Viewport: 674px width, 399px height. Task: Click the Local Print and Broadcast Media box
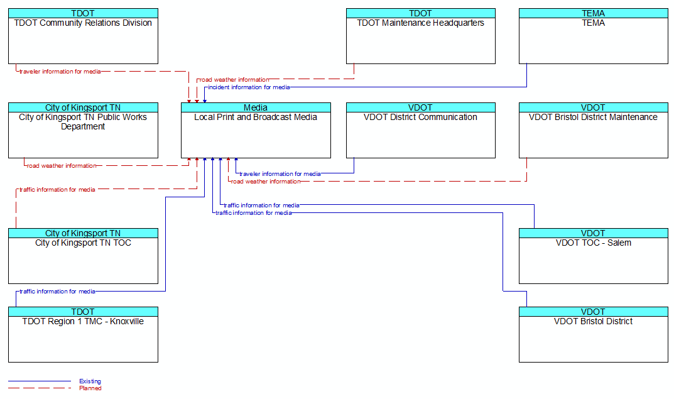pos(256,130)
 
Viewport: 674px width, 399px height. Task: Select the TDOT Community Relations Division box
pos(83,36)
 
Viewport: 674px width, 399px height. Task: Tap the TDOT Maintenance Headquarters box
pos(421,36)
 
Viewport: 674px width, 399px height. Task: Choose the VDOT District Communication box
pos(421,130)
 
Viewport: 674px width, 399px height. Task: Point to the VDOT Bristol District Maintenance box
pos(594,130)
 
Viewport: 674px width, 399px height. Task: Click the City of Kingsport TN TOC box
pos(83,256)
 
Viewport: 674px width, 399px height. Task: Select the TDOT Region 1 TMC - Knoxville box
pos(83,334)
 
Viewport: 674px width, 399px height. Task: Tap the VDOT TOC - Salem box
pos(594,256)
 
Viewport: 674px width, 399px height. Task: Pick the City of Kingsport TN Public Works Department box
pos(83,130)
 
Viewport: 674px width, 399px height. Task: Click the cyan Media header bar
pos(256,107)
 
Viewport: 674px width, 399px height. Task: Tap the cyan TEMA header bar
pos(594,13)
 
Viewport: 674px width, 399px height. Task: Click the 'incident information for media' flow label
pos(249,87)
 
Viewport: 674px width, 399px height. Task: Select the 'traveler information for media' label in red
pos(60,72)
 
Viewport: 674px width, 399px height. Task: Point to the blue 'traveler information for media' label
pos(280,173)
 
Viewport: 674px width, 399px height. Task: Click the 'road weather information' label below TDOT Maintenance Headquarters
pos(234,80)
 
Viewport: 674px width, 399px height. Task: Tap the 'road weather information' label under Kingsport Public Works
pos(62,165)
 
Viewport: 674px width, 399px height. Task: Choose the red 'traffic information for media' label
pos(57,190)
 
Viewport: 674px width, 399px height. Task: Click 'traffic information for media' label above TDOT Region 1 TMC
pos(57,292)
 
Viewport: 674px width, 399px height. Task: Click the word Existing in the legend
pos(90,381)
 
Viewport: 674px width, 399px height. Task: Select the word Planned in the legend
pos(90,388)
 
